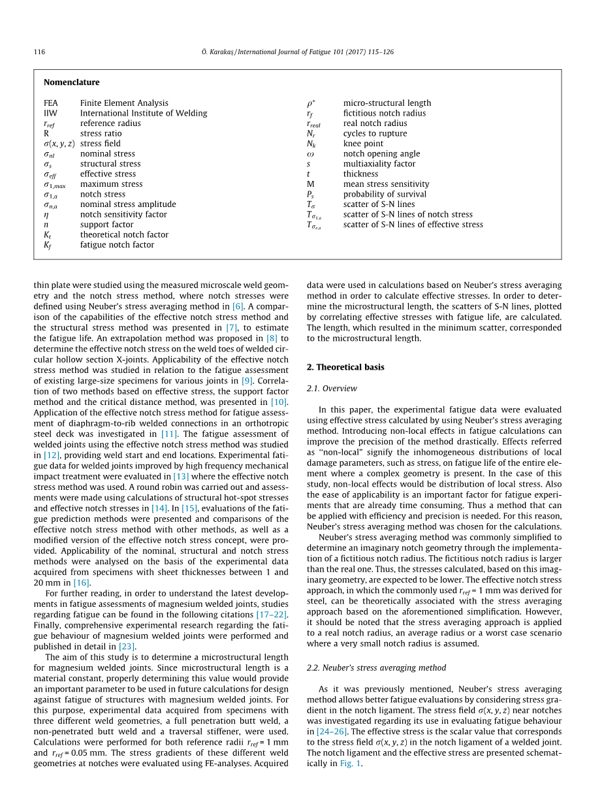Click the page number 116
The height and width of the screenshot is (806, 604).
39,52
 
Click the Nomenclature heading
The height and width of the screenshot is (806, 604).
72,82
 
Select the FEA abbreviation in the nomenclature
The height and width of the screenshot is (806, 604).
51,103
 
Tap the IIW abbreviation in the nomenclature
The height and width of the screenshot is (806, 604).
50,113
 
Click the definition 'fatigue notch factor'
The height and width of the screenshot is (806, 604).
118,245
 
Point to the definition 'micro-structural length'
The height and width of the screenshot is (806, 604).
387,103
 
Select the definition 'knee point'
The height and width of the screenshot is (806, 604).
363,144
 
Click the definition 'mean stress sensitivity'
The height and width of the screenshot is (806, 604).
387,184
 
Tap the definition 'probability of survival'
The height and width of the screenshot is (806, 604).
385,194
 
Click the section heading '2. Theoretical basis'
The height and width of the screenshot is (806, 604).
345,367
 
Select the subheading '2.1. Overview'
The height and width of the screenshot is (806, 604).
332,389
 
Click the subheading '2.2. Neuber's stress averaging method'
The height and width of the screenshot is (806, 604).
376,668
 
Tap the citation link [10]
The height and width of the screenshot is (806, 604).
279,402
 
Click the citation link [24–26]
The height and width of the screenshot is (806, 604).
332,732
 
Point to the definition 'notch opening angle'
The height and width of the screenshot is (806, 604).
382,154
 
